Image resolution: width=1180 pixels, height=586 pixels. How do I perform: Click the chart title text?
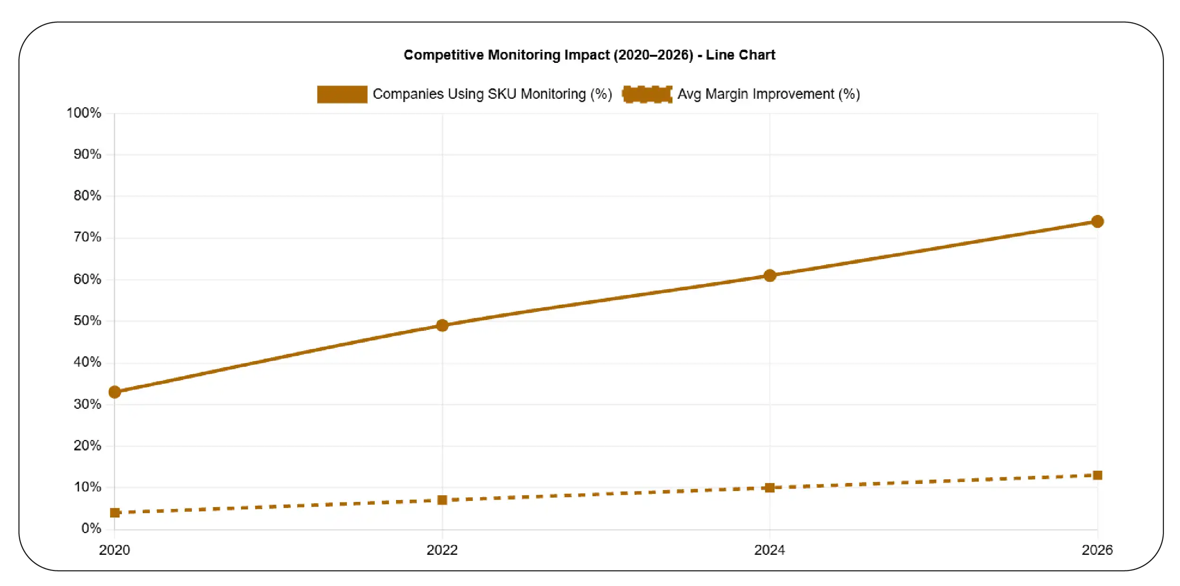(589, 55)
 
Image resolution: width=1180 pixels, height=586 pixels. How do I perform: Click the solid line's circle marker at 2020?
(114, 392)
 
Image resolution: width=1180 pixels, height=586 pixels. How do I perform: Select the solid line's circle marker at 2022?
(442, 325)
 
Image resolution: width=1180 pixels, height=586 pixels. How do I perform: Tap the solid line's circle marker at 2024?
(770, 276)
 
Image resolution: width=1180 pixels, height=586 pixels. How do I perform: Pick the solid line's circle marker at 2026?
(1097, 221)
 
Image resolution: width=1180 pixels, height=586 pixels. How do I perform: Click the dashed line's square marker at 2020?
(114, 513)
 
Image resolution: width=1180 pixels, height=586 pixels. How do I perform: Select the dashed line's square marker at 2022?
(442, 500)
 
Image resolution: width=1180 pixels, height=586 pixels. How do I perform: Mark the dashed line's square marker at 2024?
(770, 488)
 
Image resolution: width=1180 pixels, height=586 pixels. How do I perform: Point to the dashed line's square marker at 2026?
(1097, 475)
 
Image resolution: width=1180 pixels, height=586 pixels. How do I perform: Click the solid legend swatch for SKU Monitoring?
(342, 94)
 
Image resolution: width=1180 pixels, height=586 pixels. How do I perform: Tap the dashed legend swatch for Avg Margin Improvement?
(647, 94)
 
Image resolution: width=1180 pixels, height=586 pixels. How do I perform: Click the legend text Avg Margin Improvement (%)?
(768, 94)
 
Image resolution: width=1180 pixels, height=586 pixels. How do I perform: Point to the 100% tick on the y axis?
(84, 113)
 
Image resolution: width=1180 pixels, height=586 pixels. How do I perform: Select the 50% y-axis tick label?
(87, 321)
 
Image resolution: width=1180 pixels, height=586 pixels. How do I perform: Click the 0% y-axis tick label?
(91, 528)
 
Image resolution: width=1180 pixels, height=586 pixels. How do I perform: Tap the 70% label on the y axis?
(87, 237)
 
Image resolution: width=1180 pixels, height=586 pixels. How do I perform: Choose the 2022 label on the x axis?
(442, 550)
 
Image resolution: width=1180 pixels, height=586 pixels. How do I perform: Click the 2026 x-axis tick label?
(1097, 550)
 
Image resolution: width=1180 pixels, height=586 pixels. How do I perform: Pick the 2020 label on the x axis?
(114, 550)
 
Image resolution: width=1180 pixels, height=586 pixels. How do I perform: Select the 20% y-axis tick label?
(87, 446)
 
